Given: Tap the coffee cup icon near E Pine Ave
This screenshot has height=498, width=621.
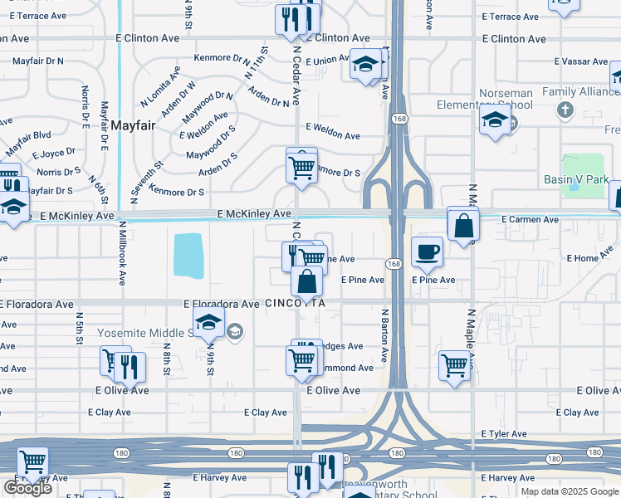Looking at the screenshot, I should pos(428,252).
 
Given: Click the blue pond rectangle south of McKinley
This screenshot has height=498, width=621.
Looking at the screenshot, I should pos(188,255).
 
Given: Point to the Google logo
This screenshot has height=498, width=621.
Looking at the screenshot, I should pos(27,488).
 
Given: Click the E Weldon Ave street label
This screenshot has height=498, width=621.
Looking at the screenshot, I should pos(332,135).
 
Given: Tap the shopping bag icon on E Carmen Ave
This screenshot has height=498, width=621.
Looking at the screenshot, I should pos(463,224).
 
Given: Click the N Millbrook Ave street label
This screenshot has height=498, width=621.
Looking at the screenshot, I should pos(122,253).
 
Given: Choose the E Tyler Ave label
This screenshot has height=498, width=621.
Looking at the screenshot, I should pos(504,434).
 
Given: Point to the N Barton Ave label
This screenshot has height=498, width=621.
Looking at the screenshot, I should pos(384,336).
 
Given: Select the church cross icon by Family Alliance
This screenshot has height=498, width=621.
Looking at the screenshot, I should pos(565,110).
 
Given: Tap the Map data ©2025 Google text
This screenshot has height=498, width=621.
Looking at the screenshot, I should pos(569,491).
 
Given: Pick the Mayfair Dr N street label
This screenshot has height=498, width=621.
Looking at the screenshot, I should pos(38,61).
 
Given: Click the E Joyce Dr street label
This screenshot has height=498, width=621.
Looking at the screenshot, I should pos(54,154).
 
